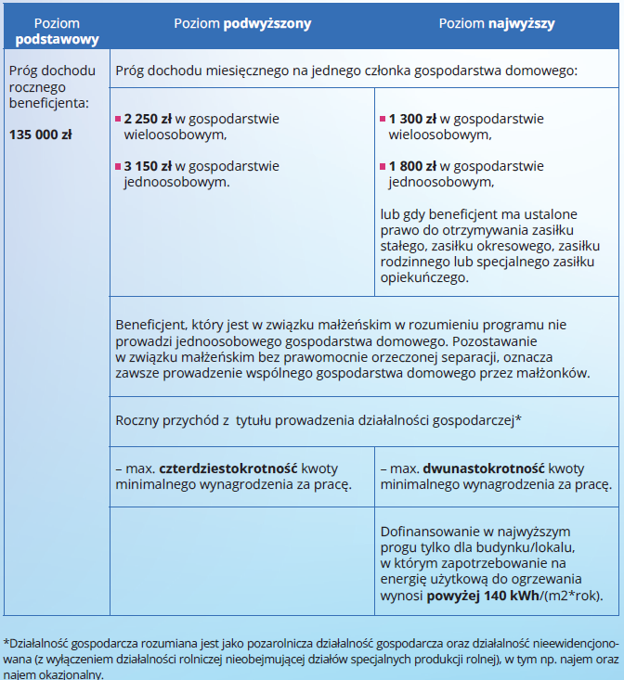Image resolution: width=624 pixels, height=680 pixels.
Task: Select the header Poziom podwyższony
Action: click(242, 24)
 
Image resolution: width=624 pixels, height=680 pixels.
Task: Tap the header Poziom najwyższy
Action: click(497, 24)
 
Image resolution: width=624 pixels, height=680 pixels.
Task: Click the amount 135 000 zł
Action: click(40, 135)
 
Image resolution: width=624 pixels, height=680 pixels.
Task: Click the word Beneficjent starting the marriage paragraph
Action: click(151, 326)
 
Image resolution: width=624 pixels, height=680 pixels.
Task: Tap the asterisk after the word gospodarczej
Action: click(518, 418)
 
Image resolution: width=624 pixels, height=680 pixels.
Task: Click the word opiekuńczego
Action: click(425, 277)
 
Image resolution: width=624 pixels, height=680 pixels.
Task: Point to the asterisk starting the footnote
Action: click(6, 641)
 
